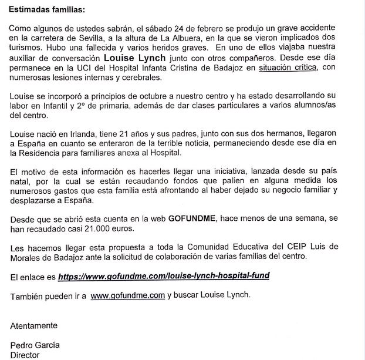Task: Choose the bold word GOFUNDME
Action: (x=193, y=218)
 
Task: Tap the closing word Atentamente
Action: (x=35, y=325)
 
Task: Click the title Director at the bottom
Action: (x=26, y=355)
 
